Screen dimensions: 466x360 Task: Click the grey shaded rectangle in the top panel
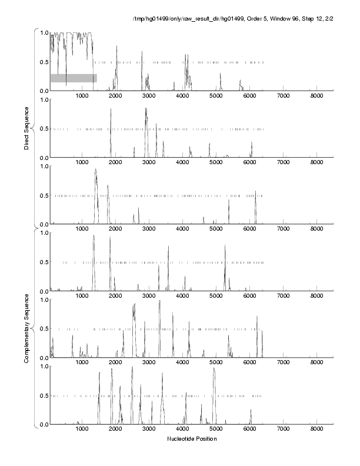[x=73, y=78]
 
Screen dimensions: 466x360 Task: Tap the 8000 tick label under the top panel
[x=316, y=95]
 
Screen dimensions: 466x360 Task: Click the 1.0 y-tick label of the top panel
[x=43, y=32]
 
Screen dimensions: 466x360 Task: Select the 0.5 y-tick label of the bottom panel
[x=43, y=395]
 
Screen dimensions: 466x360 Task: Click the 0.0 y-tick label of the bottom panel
[x=43, y=424]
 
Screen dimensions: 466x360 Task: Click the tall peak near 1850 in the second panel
[x=111, y=110]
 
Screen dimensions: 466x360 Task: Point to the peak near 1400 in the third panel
[x=95, y=171]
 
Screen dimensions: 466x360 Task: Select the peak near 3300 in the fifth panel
[x=159, y=301]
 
